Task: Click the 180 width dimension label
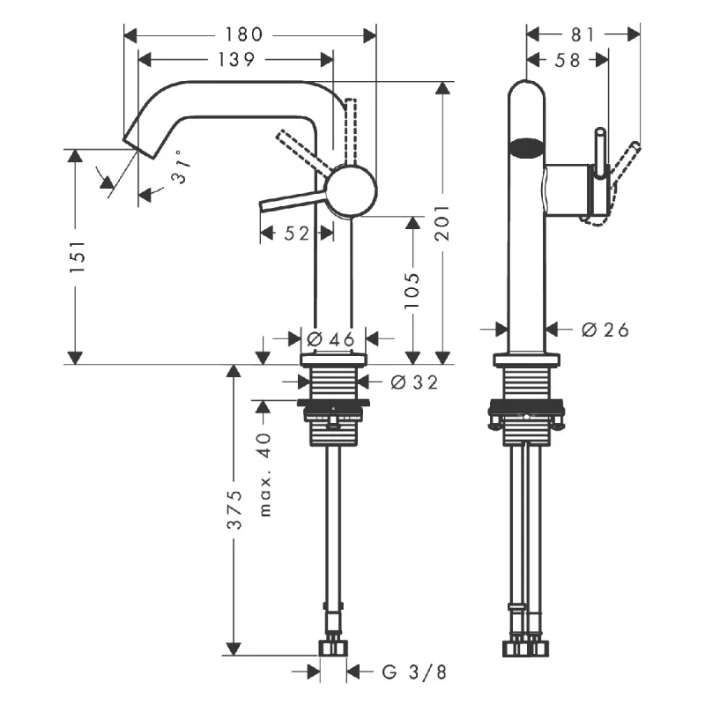point(244,34)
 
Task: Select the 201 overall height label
point(442,223)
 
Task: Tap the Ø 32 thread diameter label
point(413,382)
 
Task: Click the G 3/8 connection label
point(413,672)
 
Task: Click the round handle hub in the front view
point(352,189)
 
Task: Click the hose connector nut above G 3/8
point(333,649)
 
